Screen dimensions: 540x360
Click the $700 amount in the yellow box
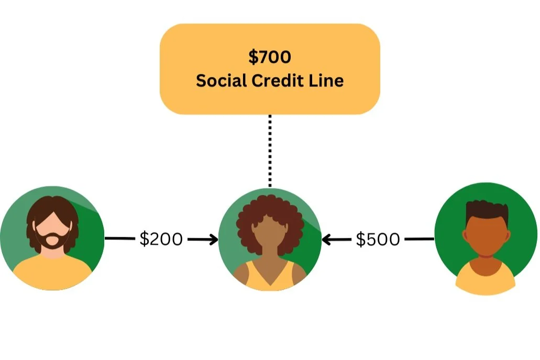click(269, 57)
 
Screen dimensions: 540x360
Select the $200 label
click(161, 239)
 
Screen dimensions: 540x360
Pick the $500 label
click(378, 239)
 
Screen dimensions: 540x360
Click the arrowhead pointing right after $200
click(214, 240)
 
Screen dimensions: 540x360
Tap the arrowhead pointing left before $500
click(326, 240)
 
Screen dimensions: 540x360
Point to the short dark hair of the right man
click(487, 210)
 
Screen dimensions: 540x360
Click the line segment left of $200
click(120, 239)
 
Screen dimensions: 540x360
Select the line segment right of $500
click(420, 239)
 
